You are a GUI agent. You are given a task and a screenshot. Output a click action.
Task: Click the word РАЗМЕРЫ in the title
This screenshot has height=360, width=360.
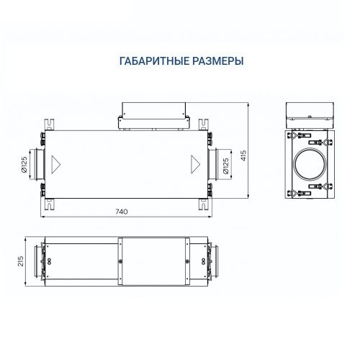215,62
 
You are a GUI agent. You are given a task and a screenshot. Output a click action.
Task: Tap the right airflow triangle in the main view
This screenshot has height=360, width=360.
194,162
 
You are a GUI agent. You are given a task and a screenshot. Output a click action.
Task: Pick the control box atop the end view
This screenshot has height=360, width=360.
311,112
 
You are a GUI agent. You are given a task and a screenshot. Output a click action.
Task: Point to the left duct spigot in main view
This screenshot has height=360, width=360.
42,162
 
